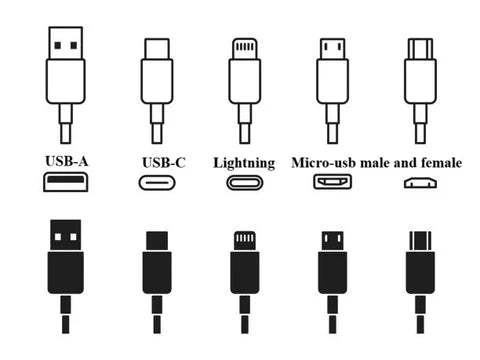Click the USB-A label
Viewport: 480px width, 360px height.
click(x=64, y=161)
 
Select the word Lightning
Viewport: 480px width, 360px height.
click(x=245, y=161)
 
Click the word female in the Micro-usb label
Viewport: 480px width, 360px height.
click(x=437, y=161)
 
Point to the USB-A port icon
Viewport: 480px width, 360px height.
click(x=65, y=182)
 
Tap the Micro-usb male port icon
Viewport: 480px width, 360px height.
click(x=333, y=183)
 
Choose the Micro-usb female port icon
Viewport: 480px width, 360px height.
click(x=420, y=184)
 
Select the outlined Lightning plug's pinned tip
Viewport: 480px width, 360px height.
click(x=245, y=47)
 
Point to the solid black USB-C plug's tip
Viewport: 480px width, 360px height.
click(x=157, y=241)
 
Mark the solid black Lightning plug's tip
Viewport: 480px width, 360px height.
click(x=245, y=241)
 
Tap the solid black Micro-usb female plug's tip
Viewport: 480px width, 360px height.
click(x=420, y=241)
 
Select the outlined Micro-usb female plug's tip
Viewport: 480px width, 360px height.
click(x=420, y=47)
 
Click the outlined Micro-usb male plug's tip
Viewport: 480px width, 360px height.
click(x=333, y=48)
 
